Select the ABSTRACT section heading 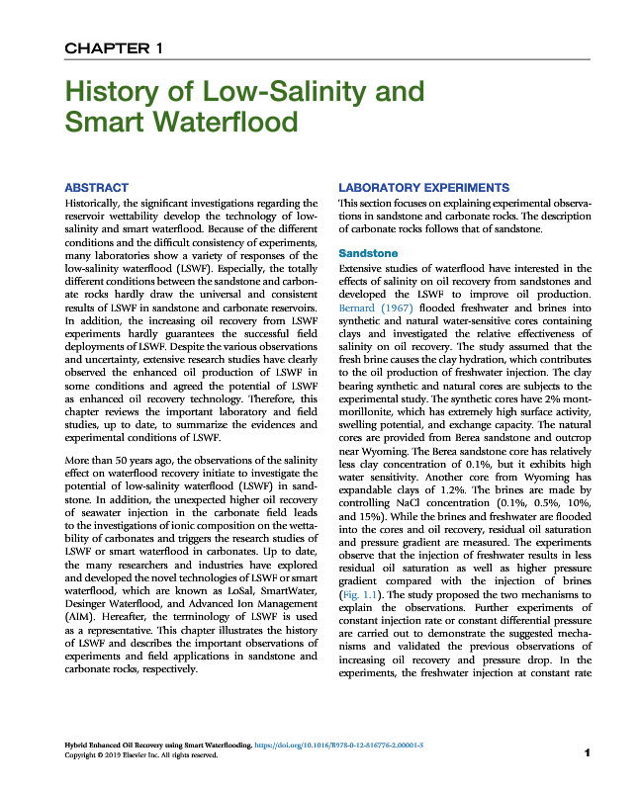pos(95,187)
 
